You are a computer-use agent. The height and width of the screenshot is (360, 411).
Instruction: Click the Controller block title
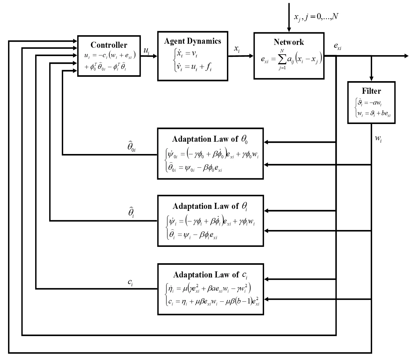coord(109,45)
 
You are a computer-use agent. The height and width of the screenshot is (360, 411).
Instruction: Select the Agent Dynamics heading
coord(192,41)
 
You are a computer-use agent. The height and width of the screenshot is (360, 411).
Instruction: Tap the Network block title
coord(289,42)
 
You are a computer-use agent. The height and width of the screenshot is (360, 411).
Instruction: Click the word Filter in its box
coord(371,91)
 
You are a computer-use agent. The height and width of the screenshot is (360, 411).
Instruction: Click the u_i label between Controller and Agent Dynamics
coord(146,51)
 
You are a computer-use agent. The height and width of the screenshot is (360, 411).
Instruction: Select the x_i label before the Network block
coord(237,49)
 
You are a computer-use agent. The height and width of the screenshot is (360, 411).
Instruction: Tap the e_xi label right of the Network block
coord(338,47)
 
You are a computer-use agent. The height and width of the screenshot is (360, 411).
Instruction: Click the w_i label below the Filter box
coord(378,139)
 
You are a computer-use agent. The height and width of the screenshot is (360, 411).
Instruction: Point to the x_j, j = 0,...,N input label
coord(316,17)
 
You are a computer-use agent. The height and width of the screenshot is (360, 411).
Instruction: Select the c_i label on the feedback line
coord(130,282)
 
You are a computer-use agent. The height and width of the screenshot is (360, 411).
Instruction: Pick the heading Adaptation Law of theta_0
coord(210,139)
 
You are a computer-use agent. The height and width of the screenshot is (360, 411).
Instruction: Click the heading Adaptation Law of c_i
coord(210,275)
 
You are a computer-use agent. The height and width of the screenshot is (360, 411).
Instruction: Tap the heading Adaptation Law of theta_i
coord(210,206)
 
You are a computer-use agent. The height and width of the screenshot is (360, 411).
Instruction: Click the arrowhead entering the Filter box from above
coord(371,79)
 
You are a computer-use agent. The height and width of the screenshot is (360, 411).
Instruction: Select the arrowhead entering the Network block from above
coord(289,29)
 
